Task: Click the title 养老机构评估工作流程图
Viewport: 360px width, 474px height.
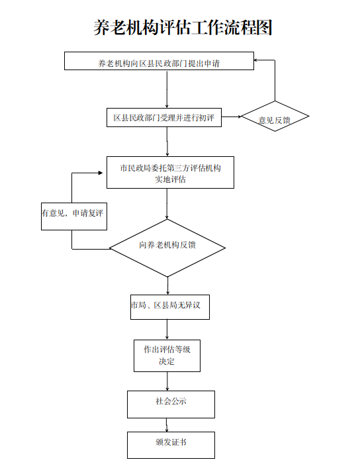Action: point(183,28)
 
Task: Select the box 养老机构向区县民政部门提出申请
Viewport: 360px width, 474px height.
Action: point(159,61)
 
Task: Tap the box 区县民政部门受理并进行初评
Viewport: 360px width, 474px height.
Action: point(164,117)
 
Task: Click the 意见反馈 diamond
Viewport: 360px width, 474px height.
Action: point(275,117)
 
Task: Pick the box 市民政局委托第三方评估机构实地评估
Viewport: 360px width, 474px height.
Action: point(170,172)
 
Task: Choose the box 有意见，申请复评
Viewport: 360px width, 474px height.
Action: point(74,216)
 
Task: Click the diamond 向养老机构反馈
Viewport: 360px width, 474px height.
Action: point(167,248)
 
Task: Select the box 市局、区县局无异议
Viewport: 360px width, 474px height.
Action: point(170,307)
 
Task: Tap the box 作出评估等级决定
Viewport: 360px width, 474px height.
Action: point(167,355)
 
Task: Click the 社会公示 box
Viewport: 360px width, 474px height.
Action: point(171,404)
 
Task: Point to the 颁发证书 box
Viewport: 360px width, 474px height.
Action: point(171,445)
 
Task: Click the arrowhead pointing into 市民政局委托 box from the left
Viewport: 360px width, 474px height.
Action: point(101,173)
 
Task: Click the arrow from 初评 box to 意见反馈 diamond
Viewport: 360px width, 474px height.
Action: point(231,117)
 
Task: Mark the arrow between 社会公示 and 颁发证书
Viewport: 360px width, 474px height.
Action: point(166,425)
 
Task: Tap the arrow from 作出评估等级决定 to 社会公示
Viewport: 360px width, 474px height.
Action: point(167,381)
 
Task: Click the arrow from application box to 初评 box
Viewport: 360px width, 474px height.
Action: point(167,89)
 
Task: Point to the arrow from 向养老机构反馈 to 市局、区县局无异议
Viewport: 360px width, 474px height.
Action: point(168,286)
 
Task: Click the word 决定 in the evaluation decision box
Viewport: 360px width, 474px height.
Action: point(167,361)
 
